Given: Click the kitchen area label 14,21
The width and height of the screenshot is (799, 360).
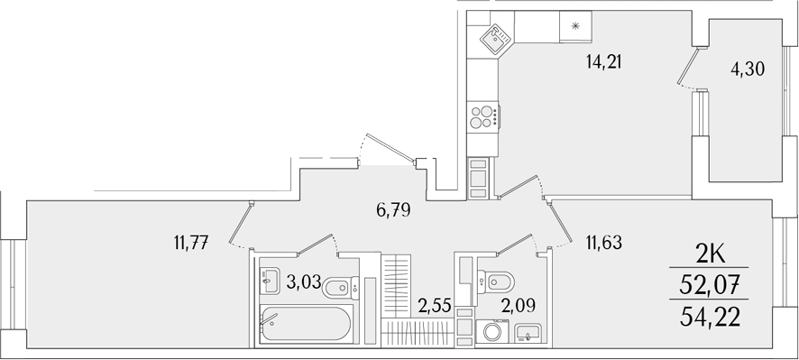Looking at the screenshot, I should pos(604,62).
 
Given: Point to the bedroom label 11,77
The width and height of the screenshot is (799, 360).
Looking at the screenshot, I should pos(191,241).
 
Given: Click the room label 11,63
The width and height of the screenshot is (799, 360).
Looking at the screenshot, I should pos(605,241).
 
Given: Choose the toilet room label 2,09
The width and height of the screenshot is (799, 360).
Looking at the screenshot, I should pos(519,304).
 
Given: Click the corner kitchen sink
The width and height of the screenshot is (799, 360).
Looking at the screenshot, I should pos(492,37).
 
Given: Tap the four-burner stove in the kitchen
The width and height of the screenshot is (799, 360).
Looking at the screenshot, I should pos(482,117).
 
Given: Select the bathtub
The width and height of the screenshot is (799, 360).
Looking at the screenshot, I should pos(306,323).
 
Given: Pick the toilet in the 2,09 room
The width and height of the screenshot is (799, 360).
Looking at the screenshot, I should pos(492,282).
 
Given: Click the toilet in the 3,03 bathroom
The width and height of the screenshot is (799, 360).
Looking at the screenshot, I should pos(339,288).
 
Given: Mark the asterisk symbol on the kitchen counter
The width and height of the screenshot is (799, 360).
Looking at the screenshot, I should pos(574,27).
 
